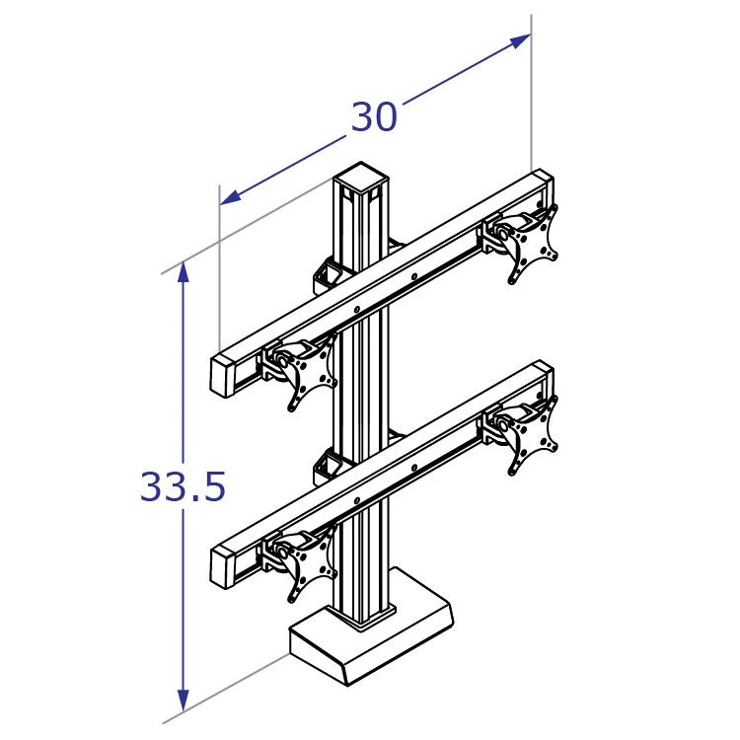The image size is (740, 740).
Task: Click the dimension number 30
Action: coord(374,118)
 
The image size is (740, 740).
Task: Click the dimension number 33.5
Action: coord(183,486)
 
